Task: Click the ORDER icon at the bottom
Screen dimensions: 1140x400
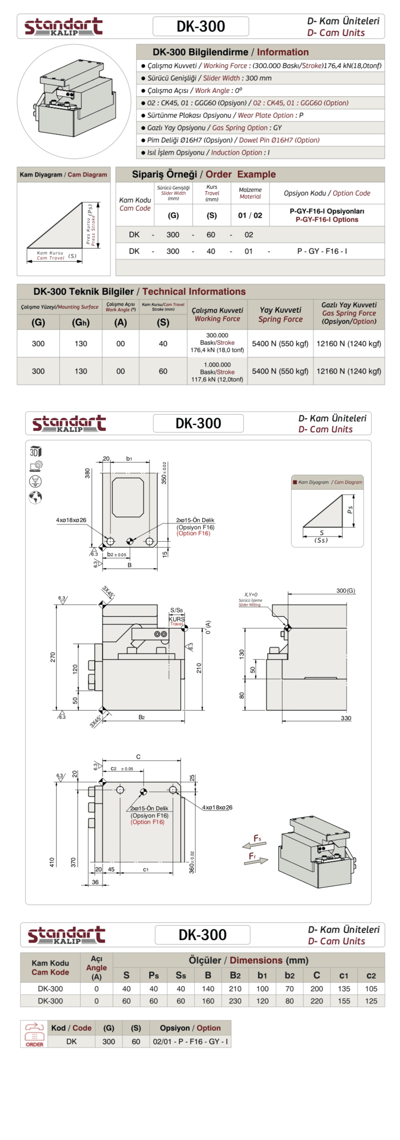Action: (x=34, y=1034)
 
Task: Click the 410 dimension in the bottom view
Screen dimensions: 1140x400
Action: (x=52, y=862)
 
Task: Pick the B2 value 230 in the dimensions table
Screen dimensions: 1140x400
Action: (x=235, y=1001)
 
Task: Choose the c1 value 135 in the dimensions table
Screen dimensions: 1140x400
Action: (x=344, y=989)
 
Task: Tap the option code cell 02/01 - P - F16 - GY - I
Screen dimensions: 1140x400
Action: (x=190, y=1041)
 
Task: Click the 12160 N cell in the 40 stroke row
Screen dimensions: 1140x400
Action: (x=349, y=343)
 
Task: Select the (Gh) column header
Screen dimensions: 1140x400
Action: (x=81, y=322)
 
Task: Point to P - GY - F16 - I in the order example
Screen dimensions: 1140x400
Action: (x=322, y=251)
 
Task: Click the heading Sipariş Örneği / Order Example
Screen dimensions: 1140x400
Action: (x=204, y=174)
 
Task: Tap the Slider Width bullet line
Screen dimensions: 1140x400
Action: (x=209, y=78)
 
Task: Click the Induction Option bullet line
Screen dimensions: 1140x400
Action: (x=208, y=152)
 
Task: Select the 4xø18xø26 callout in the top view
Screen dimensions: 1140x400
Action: (x=71, y=520)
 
